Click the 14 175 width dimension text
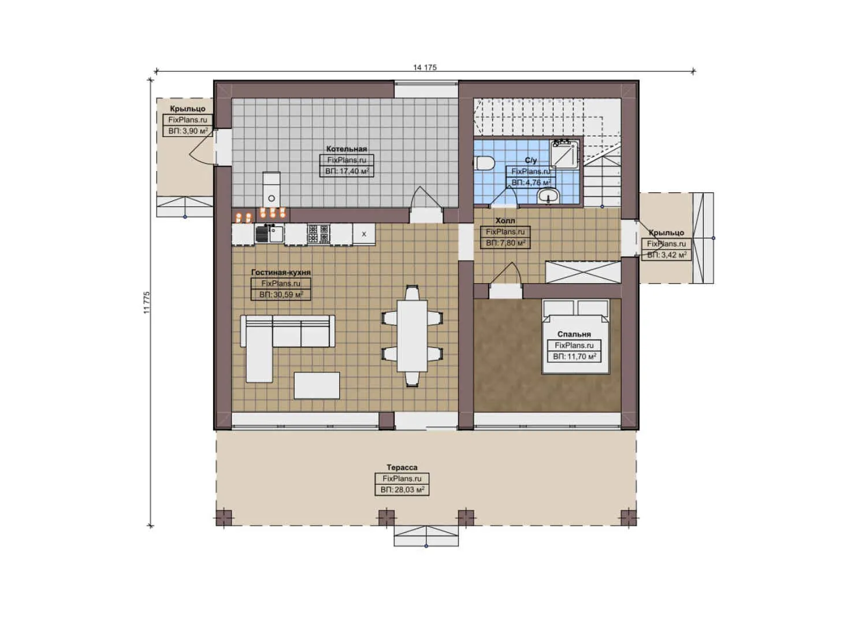tap(425, 68)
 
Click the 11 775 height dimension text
tap(147, 302)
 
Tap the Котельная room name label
tap(346, 149)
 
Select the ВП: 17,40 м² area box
tap(347, 172)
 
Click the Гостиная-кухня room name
tap(281, 272)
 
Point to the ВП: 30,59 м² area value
tap(281, 295)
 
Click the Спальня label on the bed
tap(574, 334)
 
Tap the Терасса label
tap(402, 467)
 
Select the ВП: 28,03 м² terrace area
tap(402, 490)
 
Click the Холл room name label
tap(505, 221)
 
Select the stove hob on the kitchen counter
tap(318, 234)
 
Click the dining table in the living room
tap(412, 335)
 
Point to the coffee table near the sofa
tap(317, 385)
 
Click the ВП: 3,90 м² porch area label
tap(188, 131)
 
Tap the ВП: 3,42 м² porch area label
tap(666, 255)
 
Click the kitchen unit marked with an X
tap(364, 234)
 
